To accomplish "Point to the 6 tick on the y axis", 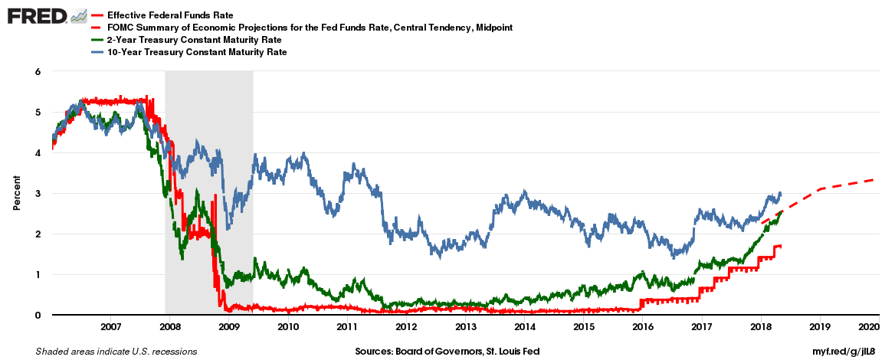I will coord(36,71).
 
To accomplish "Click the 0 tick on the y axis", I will coord(36,315).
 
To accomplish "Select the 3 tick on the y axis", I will coord(36,193).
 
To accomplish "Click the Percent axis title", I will coord(16,193).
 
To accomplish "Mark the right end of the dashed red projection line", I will coord(874,180).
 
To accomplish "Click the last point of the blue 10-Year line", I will coord(780,193).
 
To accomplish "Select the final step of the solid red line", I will coord(778,246).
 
